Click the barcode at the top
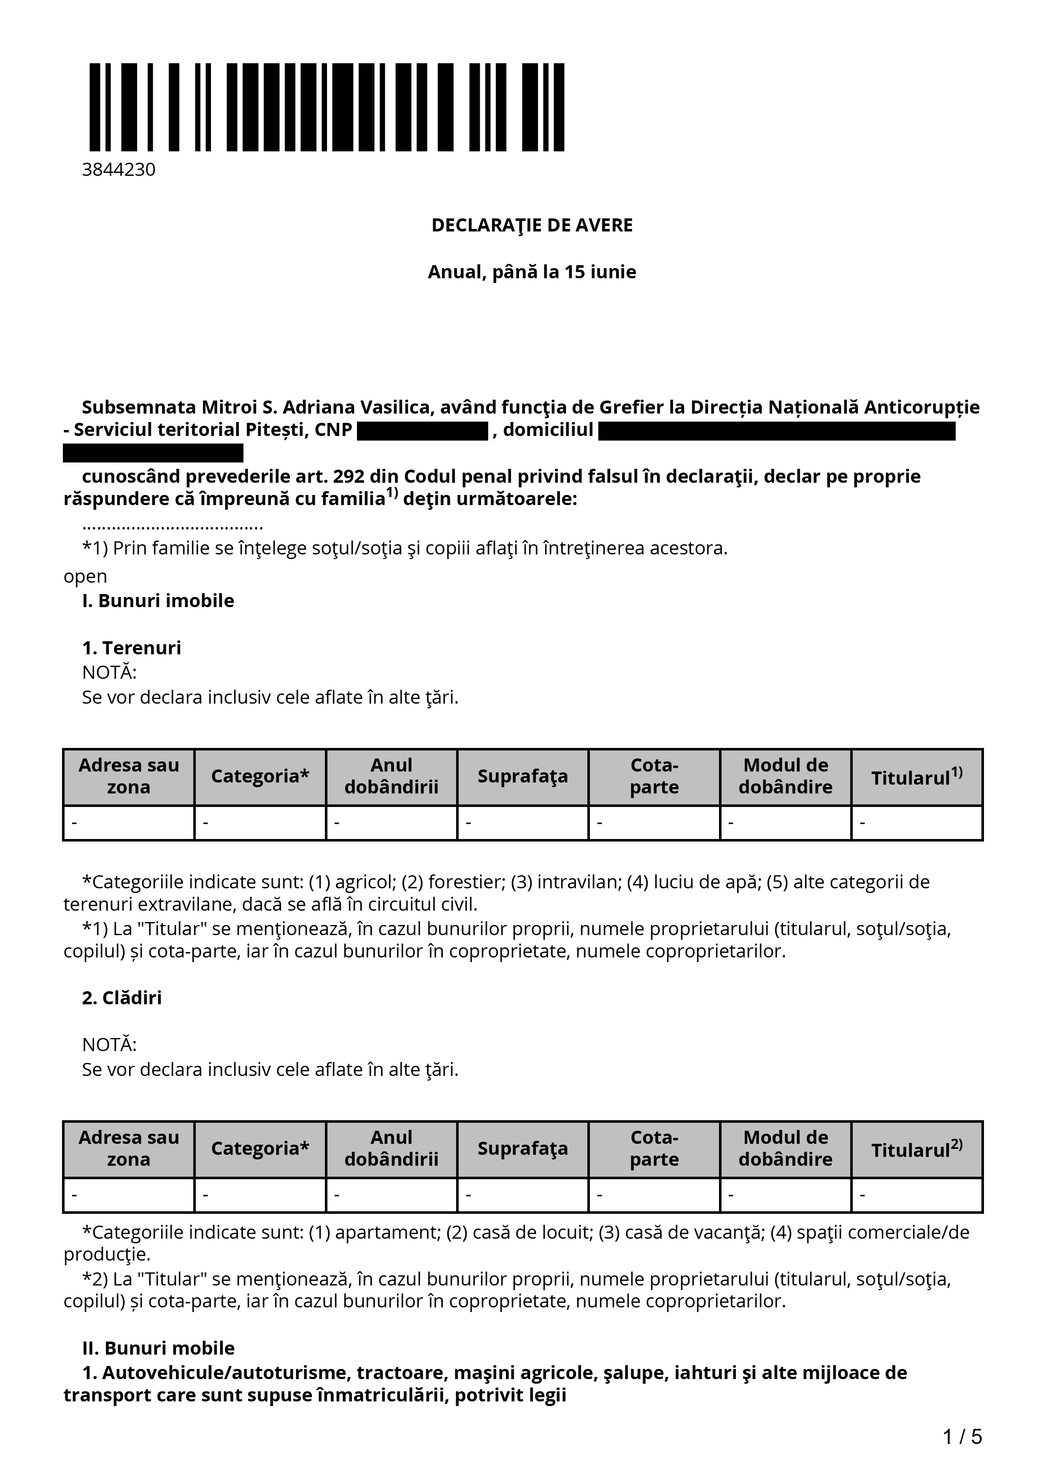(x=326, y=107)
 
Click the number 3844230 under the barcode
(x=119, y=170)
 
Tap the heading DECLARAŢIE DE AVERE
(x=532, y=226)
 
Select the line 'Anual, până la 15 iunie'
(x=532, y=272)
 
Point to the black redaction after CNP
(x=422, y=430)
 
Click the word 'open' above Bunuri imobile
(x=85, y=576)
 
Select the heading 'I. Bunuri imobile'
(x=158, y=601)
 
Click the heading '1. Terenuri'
(x=132, y=648)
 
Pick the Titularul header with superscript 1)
(x=916, y=777)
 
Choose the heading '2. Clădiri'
(x=122, y=998)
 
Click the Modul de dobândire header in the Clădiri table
(x=785, y=1148)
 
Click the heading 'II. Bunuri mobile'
(x=158, y=1348)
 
